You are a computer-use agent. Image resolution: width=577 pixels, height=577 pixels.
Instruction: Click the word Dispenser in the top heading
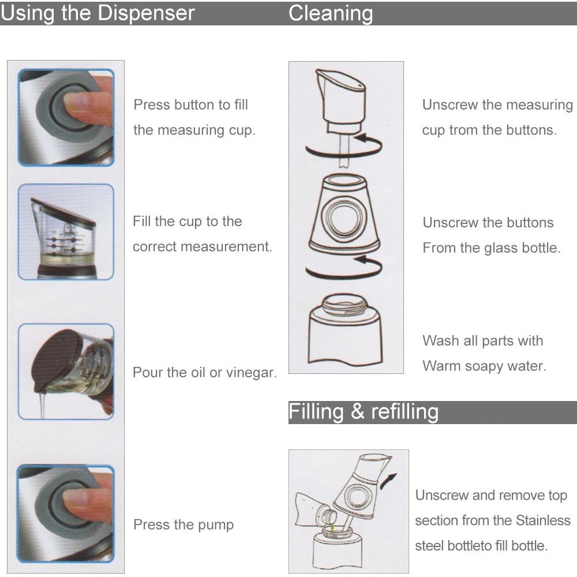[146, 13]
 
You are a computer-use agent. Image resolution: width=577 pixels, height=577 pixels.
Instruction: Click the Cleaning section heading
[331, 14]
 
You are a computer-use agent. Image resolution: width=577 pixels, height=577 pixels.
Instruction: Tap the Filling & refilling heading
[363, 412]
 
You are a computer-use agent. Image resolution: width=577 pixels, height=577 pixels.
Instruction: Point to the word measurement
[231, 246]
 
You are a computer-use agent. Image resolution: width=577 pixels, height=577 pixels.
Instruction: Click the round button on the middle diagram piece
[344, 218]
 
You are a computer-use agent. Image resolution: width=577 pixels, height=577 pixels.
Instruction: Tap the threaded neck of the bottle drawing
[344, 305]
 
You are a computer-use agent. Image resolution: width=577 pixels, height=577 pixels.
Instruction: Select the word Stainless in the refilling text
[543, 520]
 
